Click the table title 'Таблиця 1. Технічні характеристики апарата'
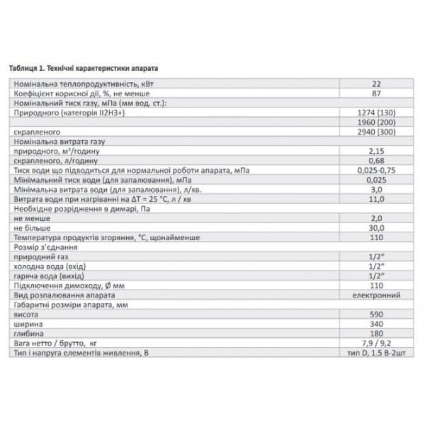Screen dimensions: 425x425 84,69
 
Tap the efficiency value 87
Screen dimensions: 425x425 376,93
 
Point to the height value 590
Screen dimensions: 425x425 376,314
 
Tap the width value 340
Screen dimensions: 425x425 376,324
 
